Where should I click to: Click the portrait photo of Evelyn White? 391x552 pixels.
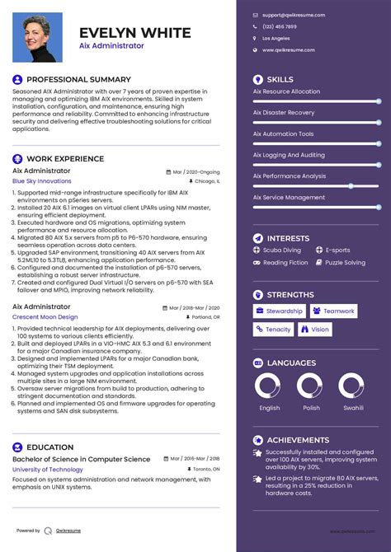37,38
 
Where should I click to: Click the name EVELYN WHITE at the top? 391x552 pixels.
134,33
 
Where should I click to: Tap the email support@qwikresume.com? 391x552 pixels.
294,15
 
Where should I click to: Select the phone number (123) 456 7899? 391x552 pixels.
279,26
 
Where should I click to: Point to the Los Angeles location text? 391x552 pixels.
276,38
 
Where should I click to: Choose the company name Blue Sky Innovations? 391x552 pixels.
42,180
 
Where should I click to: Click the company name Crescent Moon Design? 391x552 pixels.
45,316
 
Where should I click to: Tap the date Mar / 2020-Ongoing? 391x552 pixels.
196,171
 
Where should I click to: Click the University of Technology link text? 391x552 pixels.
48,469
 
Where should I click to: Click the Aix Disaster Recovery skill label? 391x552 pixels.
284,113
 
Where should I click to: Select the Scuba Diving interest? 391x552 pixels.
282,250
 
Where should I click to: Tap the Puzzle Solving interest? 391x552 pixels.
345,263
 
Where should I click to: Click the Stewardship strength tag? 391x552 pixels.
280,311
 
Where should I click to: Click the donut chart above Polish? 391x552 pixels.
310,386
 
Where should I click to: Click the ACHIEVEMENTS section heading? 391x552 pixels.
299,440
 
